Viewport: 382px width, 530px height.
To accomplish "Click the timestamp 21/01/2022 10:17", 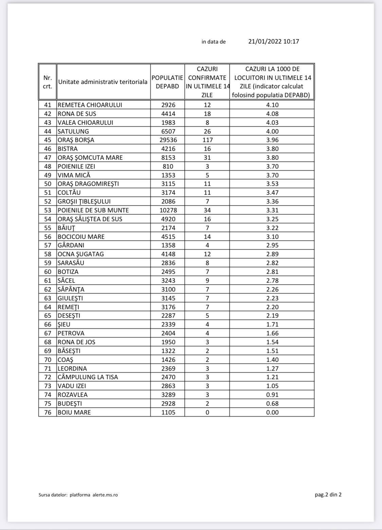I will [x=273, y=41].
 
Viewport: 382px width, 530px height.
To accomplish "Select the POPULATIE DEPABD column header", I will [x=167, y=82].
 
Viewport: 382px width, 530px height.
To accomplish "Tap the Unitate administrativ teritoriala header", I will [x=103, y=82].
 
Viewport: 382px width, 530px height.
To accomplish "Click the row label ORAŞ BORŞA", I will [x=76, y=140].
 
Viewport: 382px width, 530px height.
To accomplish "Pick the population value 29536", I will [x=168, y=140].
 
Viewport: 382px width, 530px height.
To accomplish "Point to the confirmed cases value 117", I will [x=207, y=140].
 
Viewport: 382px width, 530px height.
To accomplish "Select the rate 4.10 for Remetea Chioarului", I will [x=272, y=105].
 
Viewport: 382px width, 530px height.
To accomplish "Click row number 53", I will [x=48, y=210].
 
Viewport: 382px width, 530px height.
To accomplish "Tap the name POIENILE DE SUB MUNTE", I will [x=93, y=210].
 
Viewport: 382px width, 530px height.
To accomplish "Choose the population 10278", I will [x=168, y=210].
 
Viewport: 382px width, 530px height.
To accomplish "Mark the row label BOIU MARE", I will [x=74, y=412].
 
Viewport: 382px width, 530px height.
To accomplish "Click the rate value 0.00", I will [x=272, y=412].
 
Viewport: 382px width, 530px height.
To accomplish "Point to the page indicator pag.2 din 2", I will [x=328, y=494].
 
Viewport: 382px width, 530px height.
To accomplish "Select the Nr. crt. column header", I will [x=48, y=82].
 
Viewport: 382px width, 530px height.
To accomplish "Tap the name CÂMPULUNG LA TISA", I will [x=88, y=377].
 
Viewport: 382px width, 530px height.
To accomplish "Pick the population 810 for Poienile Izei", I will [x=168, y=166].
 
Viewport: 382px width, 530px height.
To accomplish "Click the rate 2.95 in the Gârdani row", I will [x=272, y=245].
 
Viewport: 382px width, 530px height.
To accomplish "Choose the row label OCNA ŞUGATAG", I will [x=80, y=254].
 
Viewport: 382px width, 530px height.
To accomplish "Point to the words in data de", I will [x=214, y=42].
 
